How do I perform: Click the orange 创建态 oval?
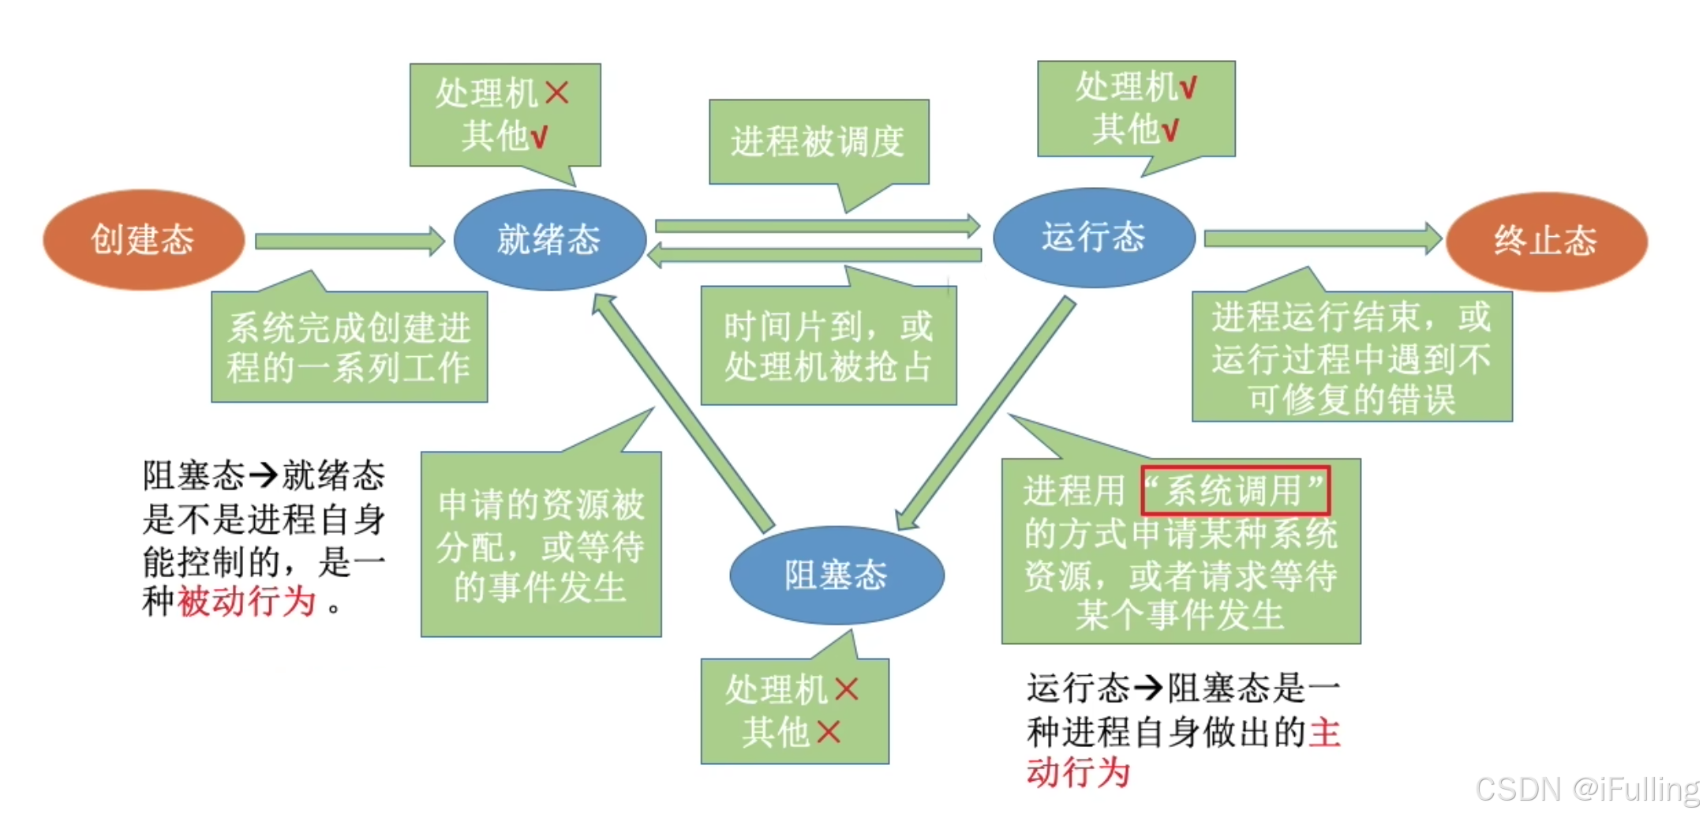point(143,239)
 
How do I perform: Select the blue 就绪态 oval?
point(549,239)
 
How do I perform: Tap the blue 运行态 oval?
point(1093,237)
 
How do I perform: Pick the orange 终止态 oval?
point(1546,240)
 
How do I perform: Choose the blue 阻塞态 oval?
point(837,575)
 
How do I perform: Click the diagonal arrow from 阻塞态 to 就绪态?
point(683,411)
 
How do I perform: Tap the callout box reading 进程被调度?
point(818,142)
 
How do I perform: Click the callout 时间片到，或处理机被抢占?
point(829,347)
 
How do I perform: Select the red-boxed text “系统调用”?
point(1235,490)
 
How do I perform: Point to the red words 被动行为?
point(247,602)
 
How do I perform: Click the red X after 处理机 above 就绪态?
point(557,93)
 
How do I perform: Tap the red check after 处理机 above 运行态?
point(1188,87)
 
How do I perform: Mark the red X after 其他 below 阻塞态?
point(828,732)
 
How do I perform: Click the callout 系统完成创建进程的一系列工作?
point(349,347)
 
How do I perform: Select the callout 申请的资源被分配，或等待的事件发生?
point(541,545)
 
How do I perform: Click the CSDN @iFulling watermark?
point(1587,790)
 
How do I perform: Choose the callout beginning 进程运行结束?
point(1352,357)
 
